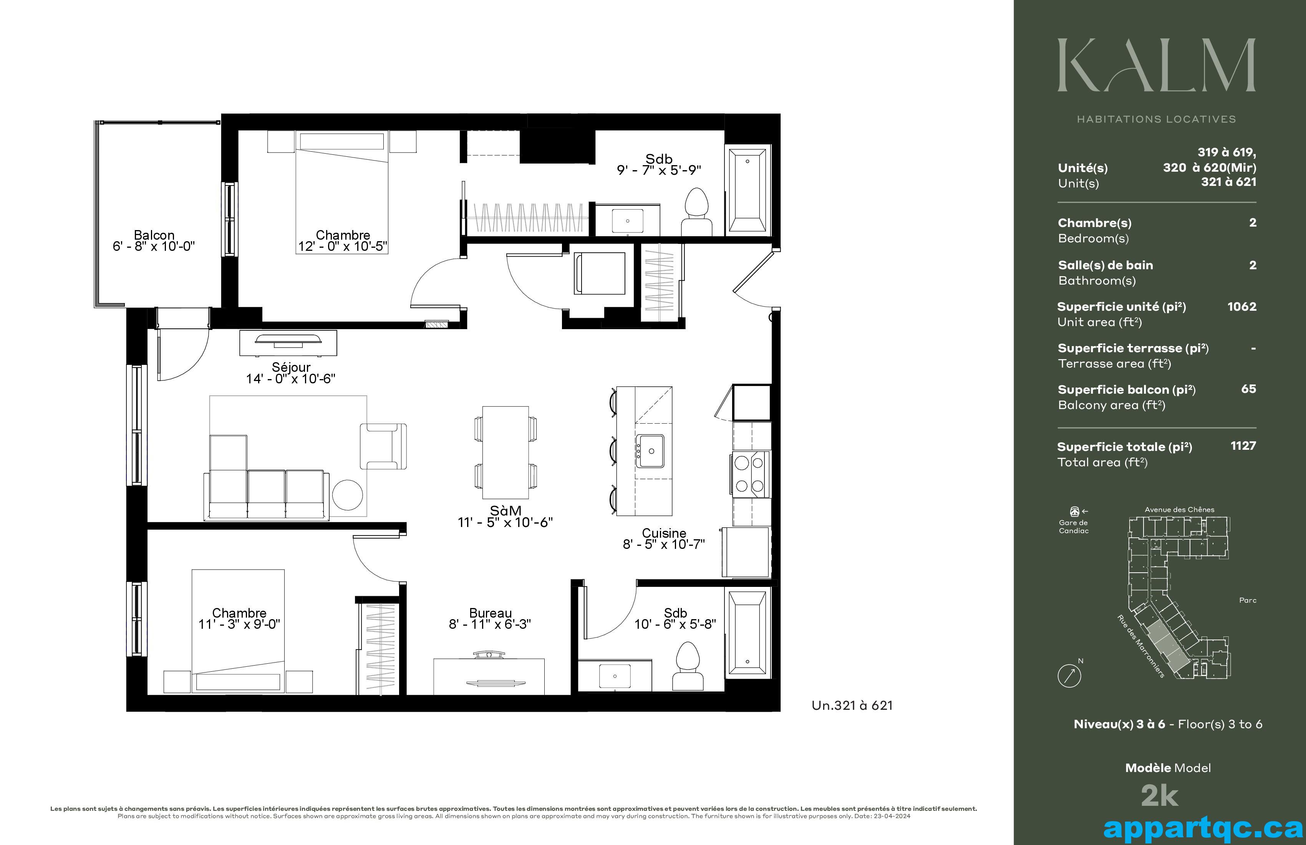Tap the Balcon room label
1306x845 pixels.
click(154, 235)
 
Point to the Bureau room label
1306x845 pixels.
click(490, 613)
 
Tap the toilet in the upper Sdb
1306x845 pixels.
click(697, 212)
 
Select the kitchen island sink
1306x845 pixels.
click(650, 451)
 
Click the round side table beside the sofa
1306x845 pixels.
click(347, 495)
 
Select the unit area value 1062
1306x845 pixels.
click(1242, 307)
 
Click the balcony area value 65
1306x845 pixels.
click(1248, 389)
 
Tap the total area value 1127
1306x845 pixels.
click(1243, 446)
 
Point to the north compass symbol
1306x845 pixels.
click(1069, 675)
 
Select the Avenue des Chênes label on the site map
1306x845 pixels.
click(1179, 510)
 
